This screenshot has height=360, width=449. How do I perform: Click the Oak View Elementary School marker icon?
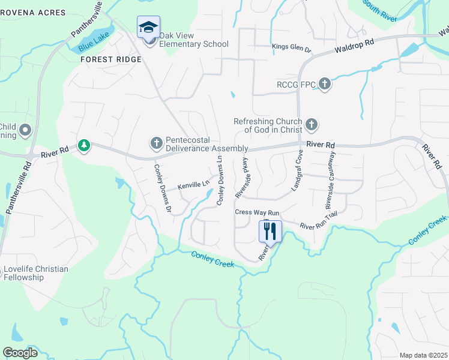coord(148,28)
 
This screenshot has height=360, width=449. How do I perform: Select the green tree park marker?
coord(84,145)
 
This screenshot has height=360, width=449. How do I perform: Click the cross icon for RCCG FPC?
coord(325,84)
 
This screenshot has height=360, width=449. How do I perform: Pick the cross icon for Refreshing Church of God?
coord(311,125)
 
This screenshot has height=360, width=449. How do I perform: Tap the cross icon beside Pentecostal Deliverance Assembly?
coord(156,143)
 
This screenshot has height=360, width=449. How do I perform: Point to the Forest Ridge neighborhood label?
coord(112,59)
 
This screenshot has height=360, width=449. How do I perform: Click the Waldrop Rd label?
coord(354,44)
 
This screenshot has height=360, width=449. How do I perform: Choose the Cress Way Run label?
coord(257,212)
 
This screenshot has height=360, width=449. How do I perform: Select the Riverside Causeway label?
coord(330,180)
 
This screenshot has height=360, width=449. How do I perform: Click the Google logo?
coord(20,353)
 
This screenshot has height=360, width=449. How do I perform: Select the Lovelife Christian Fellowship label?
coord(35,273)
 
